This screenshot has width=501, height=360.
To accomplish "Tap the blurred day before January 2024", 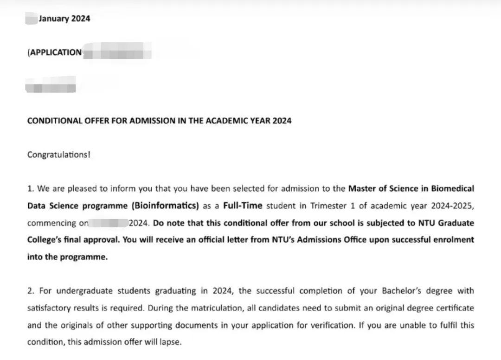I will click(x=32, y=19).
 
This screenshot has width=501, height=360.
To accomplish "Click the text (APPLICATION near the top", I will click(x=55, y=52).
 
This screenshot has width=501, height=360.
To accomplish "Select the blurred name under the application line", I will click(x=50, y=86).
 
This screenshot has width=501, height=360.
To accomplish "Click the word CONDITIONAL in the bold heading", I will click(x=55, y=121).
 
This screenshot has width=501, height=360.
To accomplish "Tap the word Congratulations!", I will click(x=59, y=154).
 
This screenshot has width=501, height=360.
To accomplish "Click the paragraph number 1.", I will click(x=31, y=189).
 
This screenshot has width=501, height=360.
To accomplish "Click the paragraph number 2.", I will click(x=31, y=291).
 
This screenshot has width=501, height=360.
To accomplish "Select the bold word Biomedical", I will click(x=453, y=189).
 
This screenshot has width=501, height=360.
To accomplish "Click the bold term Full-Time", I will click(x=243, y=206).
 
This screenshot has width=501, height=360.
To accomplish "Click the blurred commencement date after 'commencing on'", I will click(x=109, y=223).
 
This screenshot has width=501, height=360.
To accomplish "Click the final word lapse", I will click(x=170, y=343).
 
